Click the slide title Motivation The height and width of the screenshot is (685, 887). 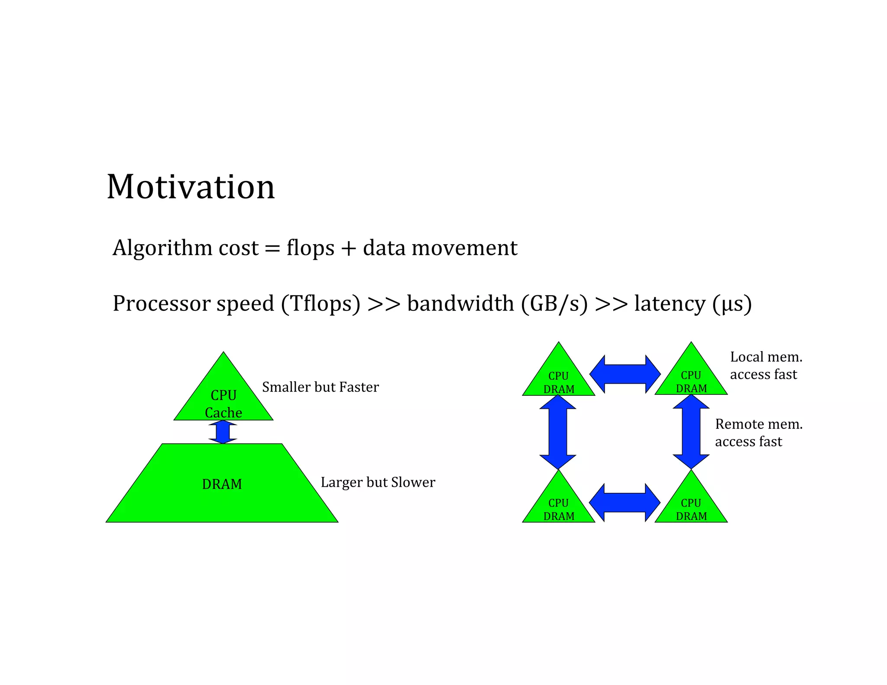point(191,187)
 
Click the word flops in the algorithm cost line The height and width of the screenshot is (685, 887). point(310,248)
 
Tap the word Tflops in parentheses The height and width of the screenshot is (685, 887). point(320,304)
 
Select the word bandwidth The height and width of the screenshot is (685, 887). point(460,304)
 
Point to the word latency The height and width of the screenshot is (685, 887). point(670,304)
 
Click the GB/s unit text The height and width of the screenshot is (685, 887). point(554,304)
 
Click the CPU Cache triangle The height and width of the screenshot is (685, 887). point(223,398)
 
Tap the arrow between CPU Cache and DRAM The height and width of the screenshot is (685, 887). point(223,432)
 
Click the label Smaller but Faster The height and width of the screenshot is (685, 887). point(320,387)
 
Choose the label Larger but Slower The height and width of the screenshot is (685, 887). point(378,482)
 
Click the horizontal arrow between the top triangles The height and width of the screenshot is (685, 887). point(625,374)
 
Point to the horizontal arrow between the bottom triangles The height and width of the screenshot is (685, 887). point(625,503)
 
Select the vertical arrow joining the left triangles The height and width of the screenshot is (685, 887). point(558,432)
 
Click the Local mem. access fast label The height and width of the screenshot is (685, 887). point(765,365)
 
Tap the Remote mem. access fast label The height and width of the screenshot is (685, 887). point(758,433)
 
